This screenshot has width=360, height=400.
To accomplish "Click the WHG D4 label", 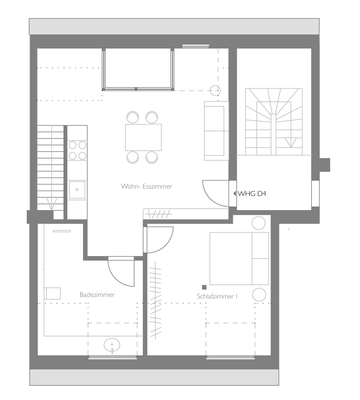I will pyautogui.click(x=252, y=194).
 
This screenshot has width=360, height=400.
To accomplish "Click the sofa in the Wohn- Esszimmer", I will pyautogui.click(x=213, y=128).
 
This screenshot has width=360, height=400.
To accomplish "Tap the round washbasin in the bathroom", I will pyautogui.click(x=111, y=346).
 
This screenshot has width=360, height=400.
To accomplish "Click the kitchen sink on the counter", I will pyautogui.click(x=76, y=185).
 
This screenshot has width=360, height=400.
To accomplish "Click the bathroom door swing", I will pyautogui.click(x=121, y=271).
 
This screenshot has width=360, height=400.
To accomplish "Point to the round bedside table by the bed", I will pyautogui.click(x=259, y=294).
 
